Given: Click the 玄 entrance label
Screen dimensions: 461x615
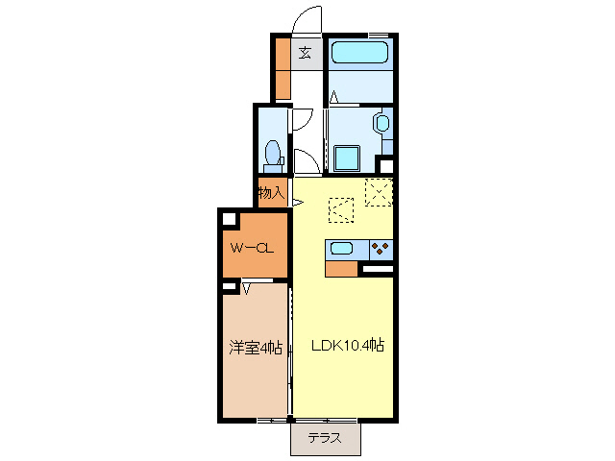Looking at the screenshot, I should [305, 53].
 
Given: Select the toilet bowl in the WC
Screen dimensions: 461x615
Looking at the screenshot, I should [273, 152].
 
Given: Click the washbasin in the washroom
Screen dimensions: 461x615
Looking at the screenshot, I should [381, 124].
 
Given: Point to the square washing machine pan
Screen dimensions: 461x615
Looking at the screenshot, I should [346, 158].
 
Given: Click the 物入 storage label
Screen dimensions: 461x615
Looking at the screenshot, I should [271, 192].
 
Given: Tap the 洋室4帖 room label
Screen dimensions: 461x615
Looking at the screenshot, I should [255, 348].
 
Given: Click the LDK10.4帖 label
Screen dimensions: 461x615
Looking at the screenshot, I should [346, 348].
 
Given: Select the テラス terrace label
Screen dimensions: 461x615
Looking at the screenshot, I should [326, 439].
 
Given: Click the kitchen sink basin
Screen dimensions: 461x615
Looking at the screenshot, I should [343, 249].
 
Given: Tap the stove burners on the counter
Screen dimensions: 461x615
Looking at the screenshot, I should [381, 249].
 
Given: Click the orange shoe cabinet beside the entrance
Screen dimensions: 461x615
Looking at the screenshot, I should [283, 68].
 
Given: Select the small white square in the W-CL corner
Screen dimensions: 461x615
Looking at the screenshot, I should [230, 220].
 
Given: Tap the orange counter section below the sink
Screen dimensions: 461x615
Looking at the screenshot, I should [341, 268].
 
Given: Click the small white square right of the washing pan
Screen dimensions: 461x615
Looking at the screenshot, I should [385, 164].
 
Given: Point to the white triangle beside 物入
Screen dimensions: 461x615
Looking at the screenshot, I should [297, 202].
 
